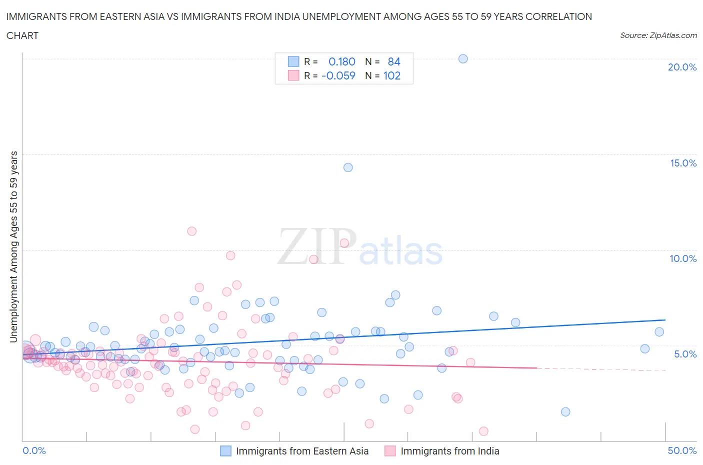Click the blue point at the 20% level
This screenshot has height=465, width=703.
point(463,58)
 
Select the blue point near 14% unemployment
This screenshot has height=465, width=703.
point(348,167)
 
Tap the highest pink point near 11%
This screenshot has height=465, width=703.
point(191,231)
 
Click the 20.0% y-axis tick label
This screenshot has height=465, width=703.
point(682,67)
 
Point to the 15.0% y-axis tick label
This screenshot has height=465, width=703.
point(683,163)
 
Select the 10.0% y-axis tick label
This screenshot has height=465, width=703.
point(683,258)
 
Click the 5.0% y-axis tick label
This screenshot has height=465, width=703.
point(685,354)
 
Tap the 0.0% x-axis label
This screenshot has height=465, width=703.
point(34,450)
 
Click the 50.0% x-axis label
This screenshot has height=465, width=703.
point(682,450)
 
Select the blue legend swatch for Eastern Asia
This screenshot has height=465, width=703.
point(226,451)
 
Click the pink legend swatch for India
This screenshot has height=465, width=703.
point(390,451)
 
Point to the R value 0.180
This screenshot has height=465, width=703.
point(341,61)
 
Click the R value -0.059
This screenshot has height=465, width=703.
point(338,75)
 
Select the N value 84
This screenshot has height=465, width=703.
point(394,61)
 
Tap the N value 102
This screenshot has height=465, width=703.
point(392,75)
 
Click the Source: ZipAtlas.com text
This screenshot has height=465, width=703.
point(658,35)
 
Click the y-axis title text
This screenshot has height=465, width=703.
point(13,246)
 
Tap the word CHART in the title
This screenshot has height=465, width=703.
point(22,35)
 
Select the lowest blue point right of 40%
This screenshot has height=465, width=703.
point(565,412)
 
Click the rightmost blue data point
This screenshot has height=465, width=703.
point(659,332)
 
